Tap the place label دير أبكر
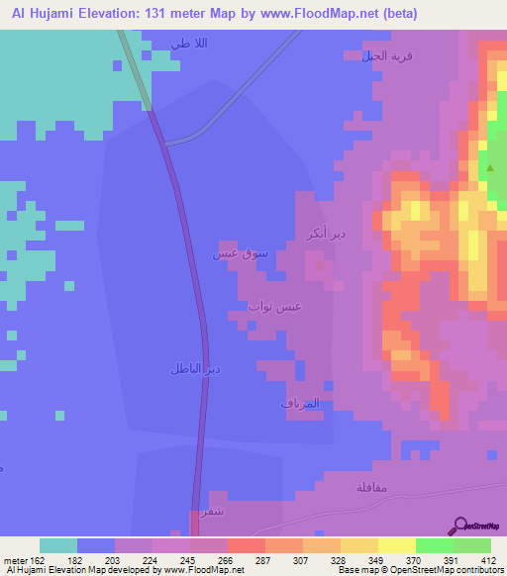point(327,235)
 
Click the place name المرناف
point(299,405)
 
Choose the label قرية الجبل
point(387,56)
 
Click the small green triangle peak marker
point(489,167)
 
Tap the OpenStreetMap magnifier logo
point(460,526)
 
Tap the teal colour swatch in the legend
point(58,545)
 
